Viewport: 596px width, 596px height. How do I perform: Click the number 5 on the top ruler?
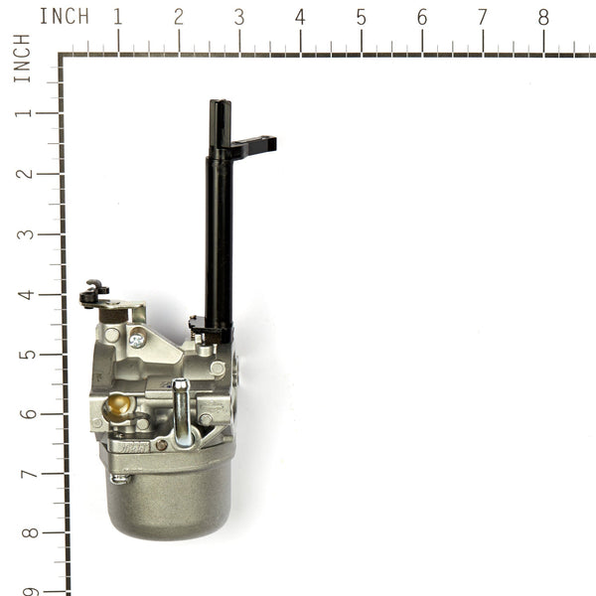[x=361, y=17]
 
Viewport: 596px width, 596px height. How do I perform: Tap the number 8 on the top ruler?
[x=543, y=17]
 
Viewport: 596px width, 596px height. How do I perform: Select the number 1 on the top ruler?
[x=118, y=17]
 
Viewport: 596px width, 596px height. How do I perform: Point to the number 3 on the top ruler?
[x=239, y=17]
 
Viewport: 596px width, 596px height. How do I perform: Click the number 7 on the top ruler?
[x=483, y=17]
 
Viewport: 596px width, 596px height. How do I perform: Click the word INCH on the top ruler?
[x=64, y=17]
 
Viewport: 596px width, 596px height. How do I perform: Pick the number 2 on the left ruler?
[x=22, y=173]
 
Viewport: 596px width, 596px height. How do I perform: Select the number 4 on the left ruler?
[x=22, y=294]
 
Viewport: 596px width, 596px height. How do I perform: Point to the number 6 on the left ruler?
[x=22, y=414]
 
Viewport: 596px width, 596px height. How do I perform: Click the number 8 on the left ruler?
[x=22, y=533]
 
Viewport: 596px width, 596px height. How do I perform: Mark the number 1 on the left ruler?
[x=22, y=112]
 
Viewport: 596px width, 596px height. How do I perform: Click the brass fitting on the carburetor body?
[x=119, y=405]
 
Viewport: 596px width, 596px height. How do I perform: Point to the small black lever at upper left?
[x=94, y=292]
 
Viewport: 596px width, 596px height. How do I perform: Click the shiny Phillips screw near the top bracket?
[x=137, y=340]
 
